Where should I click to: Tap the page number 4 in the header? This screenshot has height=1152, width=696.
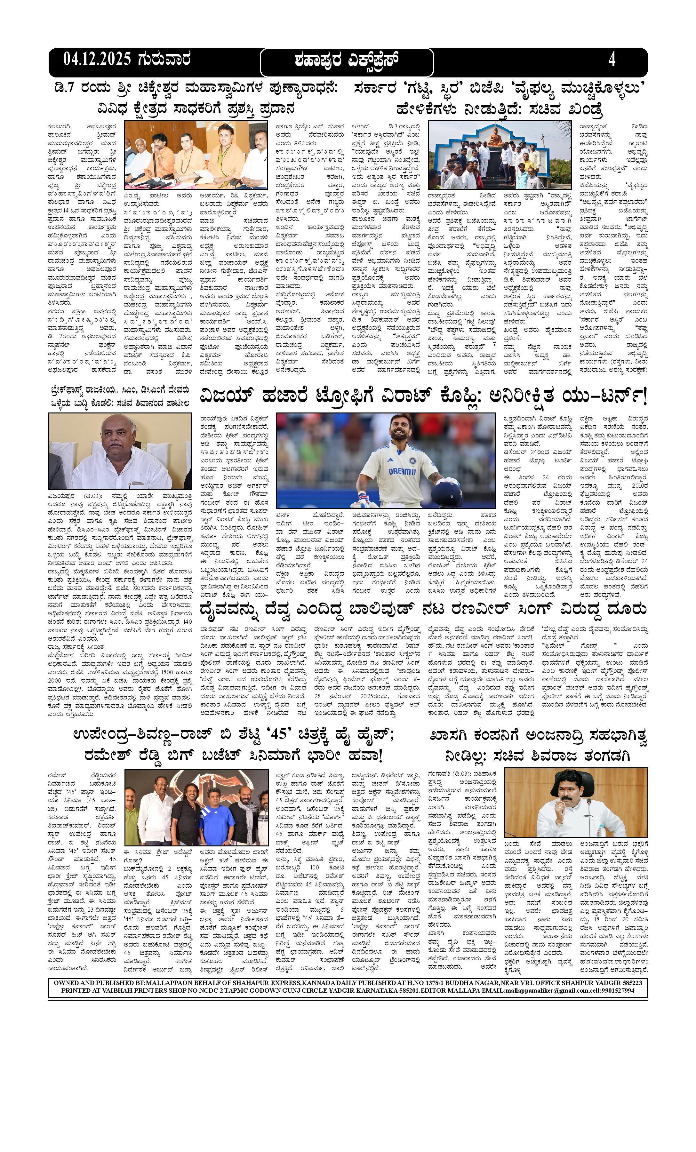tap(612, 60)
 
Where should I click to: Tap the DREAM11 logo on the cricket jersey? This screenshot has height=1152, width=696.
tap(403, 471)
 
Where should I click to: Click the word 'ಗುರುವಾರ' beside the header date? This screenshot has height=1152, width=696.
tap(164, 60)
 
